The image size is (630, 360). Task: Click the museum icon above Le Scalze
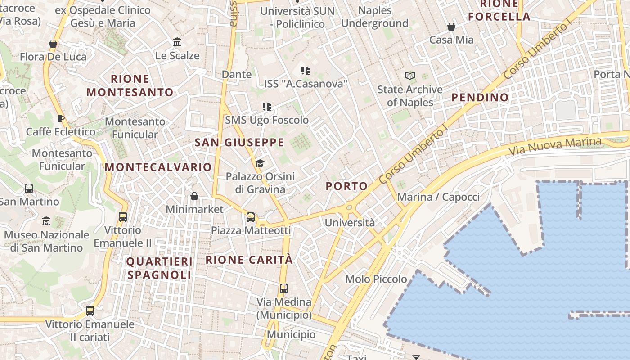(177, 42)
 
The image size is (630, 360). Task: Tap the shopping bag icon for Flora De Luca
(53, 44)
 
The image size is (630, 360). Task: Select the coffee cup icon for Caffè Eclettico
(61, 119)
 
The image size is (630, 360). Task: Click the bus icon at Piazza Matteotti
(251, 217)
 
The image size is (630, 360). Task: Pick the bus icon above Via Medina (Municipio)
(283, 288)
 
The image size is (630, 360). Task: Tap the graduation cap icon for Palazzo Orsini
(260, 163)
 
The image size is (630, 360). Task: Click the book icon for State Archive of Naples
(409, 76)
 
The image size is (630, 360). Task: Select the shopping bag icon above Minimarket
(194, 196)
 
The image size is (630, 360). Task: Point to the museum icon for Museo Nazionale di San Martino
(46, 221)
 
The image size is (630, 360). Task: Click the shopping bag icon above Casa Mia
(451, 27)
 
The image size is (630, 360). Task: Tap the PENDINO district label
(480, 97)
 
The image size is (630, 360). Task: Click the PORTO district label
(346, 186)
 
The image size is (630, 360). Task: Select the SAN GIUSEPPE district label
(239, 143)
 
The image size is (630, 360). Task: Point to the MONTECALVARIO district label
(158, 167)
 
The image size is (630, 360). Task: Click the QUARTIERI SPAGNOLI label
(159, 268)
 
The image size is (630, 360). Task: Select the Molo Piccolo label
(376, 279)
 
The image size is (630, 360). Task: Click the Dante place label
(237, 74)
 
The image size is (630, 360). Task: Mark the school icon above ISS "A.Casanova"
(306, 71)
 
